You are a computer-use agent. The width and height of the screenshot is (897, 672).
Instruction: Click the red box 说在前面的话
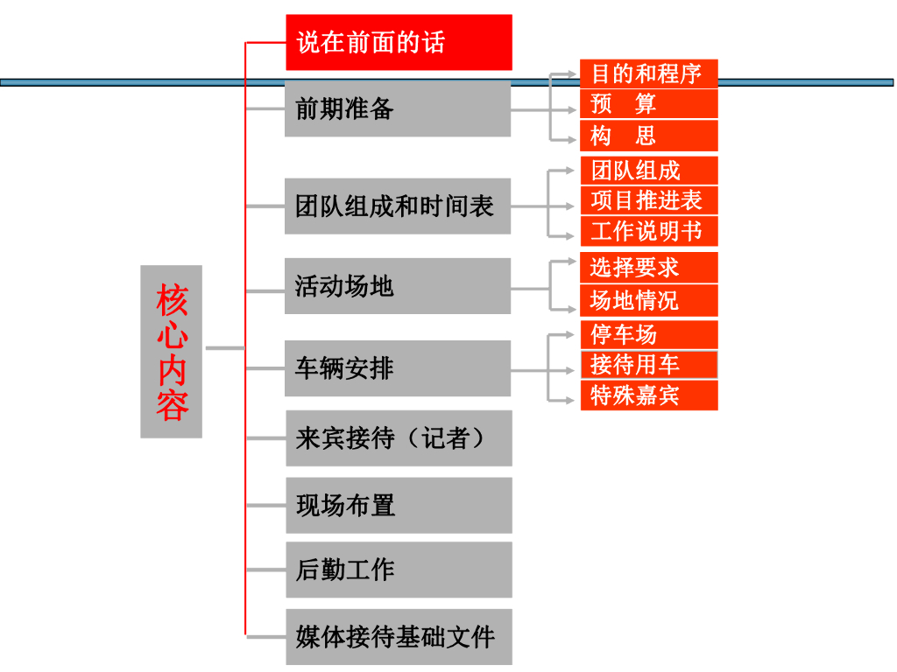399,42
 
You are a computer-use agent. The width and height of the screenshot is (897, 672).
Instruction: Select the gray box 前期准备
398,108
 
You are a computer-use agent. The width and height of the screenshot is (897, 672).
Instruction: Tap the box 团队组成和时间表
398,206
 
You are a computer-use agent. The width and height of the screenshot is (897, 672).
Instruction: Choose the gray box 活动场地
398,286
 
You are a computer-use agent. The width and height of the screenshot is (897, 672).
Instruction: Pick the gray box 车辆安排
398,368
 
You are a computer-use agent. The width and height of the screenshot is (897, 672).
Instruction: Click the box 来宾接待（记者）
399,438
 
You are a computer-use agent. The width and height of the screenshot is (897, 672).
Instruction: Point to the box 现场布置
399,505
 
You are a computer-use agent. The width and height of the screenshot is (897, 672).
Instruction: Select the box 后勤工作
399,570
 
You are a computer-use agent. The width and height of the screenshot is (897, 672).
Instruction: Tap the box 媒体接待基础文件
399,636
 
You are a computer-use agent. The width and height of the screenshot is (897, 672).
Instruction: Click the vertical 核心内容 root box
172,352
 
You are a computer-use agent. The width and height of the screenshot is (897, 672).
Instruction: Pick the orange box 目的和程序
648,73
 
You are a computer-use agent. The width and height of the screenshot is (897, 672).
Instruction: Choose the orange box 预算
648,104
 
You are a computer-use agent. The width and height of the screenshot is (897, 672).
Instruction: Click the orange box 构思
648,136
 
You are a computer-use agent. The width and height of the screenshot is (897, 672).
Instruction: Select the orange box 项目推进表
648,200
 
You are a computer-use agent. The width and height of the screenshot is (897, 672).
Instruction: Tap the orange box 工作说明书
648,232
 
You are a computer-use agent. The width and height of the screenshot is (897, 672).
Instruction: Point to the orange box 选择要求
648,268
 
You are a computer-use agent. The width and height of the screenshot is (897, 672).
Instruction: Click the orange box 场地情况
648,301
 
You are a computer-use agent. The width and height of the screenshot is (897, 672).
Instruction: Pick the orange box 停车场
648,335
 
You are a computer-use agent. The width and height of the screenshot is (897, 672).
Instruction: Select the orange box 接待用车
648,364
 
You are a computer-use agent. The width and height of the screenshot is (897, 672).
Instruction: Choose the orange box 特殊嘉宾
648,395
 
